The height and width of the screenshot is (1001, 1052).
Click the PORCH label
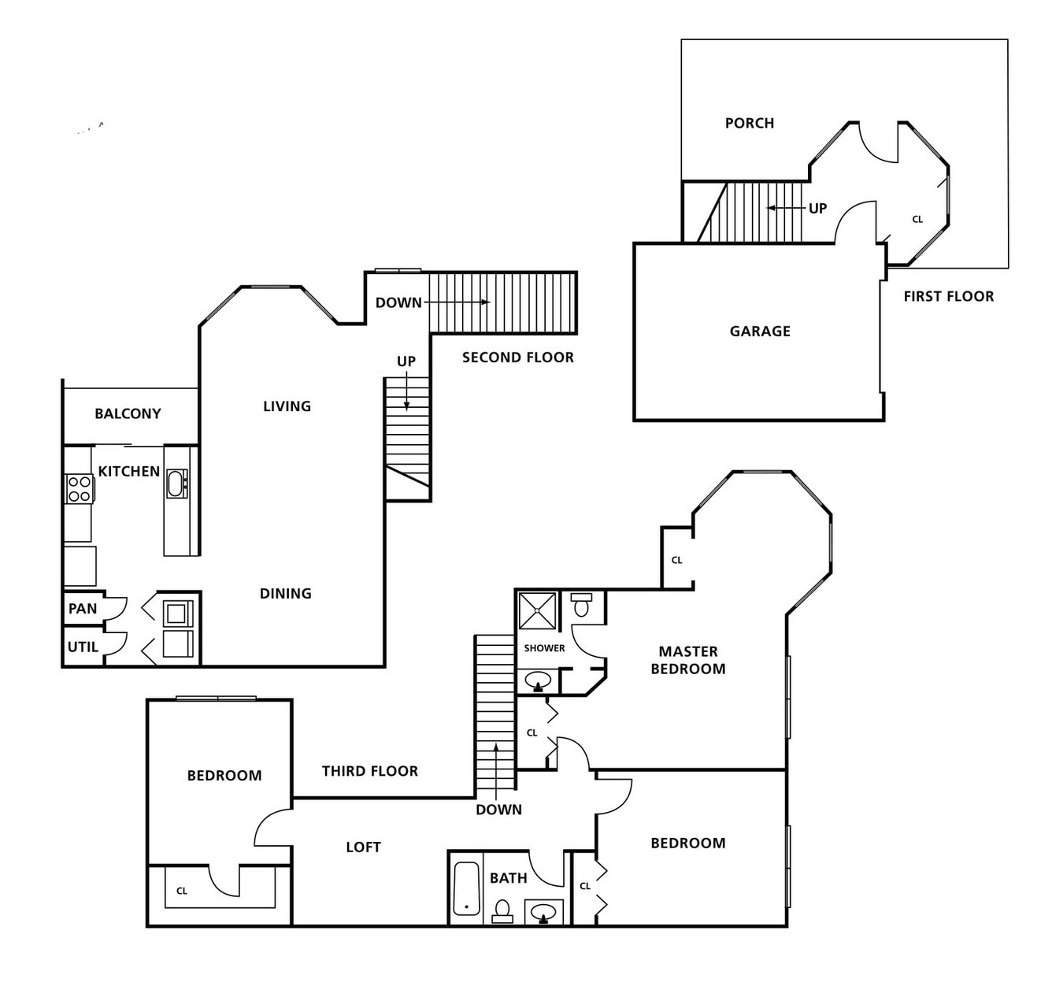click(x=749, y=123)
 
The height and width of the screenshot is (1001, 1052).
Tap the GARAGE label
click(x=760, y=332)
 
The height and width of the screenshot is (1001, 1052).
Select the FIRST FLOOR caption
click(x=948, y=296)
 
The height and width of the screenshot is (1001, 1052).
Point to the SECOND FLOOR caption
click(x=517, y=358)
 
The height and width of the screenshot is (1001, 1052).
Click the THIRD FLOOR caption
click(x=369, y=771)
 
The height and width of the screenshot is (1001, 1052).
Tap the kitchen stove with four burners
click(x=79, y=488)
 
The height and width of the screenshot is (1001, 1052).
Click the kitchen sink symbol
click(x=176, y=483)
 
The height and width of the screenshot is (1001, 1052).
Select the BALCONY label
click(x=128, y=413)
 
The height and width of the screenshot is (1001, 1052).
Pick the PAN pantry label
click(x=83, y=609)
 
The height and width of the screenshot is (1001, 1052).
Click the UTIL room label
click(x=83, y=647)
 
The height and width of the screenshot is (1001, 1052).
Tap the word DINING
click(x=285, y=594)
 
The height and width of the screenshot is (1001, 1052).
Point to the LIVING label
click(x=287, y=406)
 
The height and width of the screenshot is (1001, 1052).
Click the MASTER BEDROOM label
click(x=687, y=660)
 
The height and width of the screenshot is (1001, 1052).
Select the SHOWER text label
click(x=544, y=648)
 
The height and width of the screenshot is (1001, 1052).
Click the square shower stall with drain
click(x=537, y=610)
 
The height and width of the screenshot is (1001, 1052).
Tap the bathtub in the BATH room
click(x=466, y=888)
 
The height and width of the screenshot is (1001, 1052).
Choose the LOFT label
click(x=363, y=847)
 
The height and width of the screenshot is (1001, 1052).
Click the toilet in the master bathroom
click(x=582, y=605)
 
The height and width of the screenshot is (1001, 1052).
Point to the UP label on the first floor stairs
click(x=817, y=209)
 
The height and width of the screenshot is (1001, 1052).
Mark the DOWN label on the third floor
click(x=498, y=810)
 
